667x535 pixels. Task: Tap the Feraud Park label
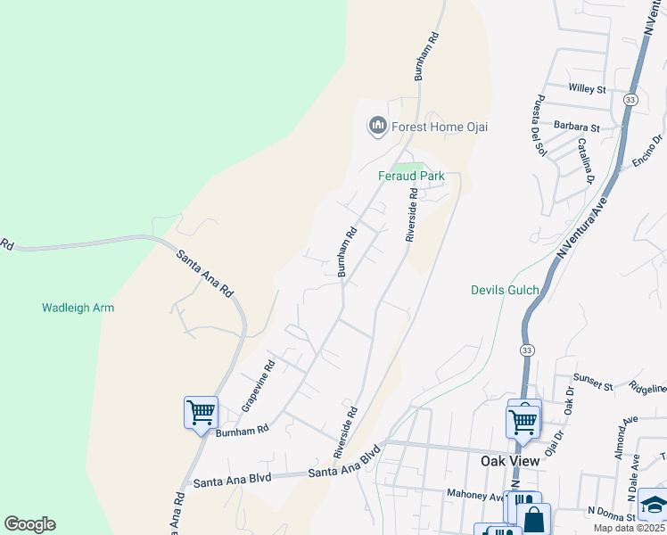pos(410,176)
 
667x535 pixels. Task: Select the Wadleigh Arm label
pos(78,308)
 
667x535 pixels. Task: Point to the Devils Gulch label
pos(506,290)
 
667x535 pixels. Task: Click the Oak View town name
pos(510,460)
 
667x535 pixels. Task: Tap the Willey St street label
pos(587,89)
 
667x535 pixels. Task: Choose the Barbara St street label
pos(576,128)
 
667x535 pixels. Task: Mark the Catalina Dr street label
pos(585,160)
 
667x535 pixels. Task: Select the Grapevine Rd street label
pos(259,385)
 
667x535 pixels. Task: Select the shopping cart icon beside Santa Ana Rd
pos(201,413)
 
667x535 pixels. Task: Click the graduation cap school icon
pos(654,505)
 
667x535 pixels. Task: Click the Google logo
pos(29,524)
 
